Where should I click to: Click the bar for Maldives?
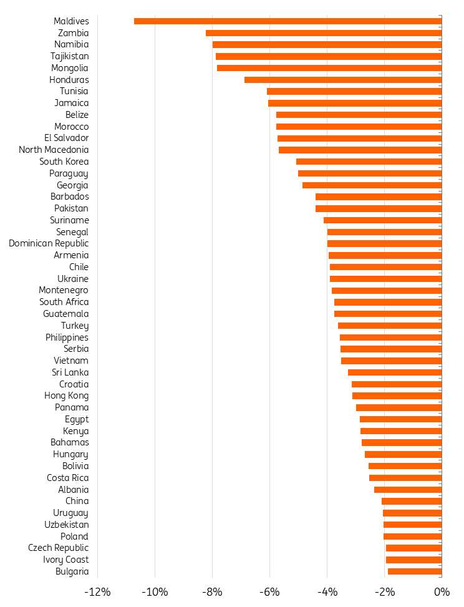[288, 21]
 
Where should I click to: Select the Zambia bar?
[324, 33]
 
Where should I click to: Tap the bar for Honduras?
[343, 80]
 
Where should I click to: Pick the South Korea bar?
[369, 162]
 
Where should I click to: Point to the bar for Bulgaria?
[415, 571]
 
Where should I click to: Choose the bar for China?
[412, 501]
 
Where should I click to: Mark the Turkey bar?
[390, 326]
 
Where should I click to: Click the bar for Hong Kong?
[397, 396]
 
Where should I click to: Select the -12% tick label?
[97, 591]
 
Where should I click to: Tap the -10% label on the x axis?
[155, 591]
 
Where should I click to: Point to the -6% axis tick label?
[269, 591]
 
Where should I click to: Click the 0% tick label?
[442, 591]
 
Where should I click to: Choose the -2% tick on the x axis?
[384, 591]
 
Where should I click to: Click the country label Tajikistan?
[69, 56]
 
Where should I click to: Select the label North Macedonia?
[54, 150]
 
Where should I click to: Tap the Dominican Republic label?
[49, 243]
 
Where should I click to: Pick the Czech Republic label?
[58, 548]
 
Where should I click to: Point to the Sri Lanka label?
[70, 372]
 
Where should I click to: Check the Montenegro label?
[64, 290]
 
